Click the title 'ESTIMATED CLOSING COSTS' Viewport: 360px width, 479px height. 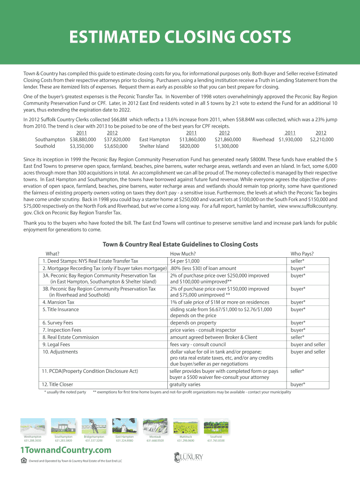tap(180, 37)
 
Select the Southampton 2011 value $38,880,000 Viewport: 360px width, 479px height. tap(83, 139)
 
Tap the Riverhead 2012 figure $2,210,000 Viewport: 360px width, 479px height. tap(322, 139)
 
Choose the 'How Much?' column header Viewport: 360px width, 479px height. tap(183, 253)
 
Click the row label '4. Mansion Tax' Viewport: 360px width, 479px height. tap(58, 302)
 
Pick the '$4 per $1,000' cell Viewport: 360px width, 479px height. tap(185, 261)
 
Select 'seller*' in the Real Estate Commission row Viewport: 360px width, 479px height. tap(297, 337)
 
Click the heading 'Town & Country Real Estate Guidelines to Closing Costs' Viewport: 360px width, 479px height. tap(180, 244)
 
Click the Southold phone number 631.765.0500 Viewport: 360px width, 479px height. tap(216, 441)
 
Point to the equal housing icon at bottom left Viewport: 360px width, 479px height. tap(24, 460)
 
